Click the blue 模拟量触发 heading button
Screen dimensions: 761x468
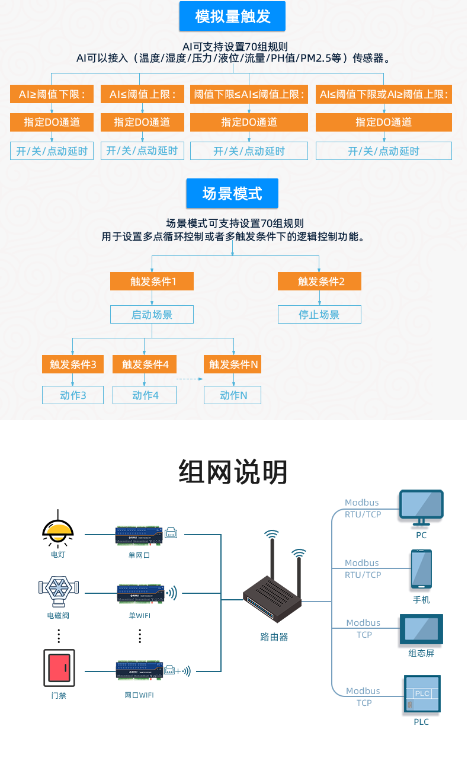(x=232, y=16)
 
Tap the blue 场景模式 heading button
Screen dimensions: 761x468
(x=232, y=193)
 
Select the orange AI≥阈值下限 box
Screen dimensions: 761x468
(x=52, y=94)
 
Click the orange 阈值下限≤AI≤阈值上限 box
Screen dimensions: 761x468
(x=249, y=94)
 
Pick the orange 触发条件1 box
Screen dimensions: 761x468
(x=152, y=282)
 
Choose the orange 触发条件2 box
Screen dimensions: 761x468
(x=319, y=282)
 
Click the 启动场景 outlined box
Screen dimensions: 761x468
(x=152, y=314)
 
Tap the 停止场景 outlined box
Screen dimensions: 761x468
(x=319, y=314)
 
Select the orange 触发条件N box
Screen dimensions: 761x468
(x=233, y=364)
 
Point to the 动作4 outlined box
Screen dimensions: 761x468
(x=145, y=395)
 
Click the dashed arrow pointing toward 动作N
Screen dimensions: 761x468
(x=190, y=379)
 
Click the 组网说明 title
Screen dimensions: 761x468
(x=233, y=472)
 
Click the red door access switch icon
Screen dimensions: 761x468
(x=59, y=667)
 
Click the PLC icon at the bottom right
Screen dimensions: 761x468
(x=422, y=694)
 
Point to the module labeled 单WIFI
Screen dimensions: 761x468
(x=140, y=592)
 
